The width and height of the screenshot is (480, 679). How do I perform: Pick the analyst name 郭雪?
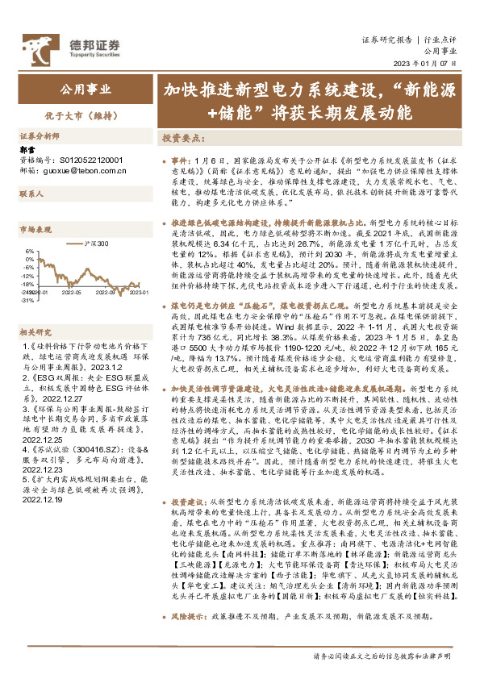coord(27,149)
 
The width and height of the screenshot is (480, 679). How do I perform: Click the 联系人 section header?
coord(32,194)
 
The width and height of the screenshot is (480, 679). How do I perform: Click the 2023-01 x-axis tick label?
coord(140,294)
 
